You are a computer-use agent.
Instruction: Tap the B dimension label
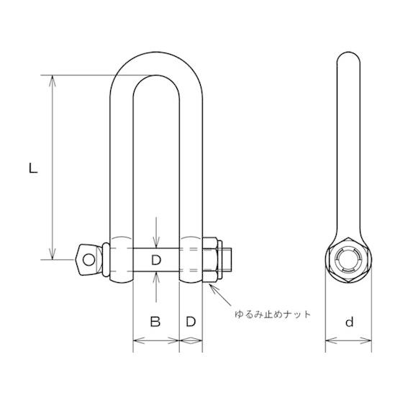(x=155, y=322)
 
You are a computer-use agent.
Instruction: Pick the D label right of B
(x=191, y=322)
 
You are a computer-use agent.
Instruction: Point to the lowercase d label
(x=349, y=322)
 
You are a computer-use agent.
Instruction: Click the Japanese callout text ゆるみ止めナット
(x=271, y=315)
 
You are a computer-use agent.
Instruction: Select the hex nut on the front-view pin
(x=212, y=258)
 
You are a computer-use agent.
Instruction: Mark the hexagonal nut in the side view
(x=350, y=259)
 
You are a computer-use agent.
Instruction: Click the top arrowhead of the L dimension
(x=52, y=79)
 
